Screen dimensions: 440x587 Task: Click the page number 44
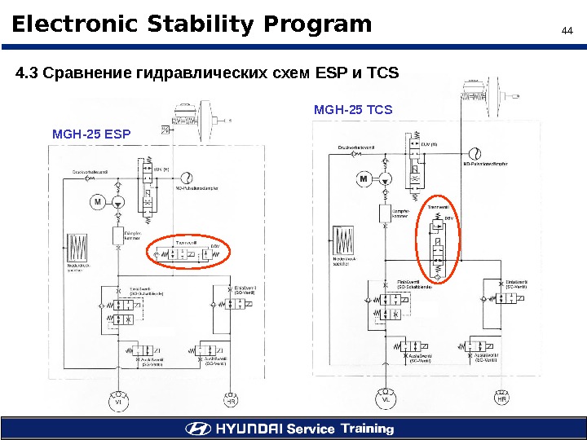(x=567, y=32)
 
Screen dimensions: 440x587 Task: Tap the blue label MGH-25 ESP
(x=90, y=133)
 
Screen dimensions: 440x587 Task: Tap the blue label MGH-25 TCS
(x=352, y=109)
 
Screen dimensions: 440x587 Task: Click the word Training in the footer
(x=367, y=429)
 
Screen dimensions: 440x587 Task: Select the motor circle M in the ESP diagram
(x=97, y=201)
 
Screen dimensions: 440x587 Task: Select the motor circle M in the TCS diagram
(x=364, y=178)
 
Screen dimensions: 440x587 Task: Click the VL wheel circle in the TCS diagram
(x=386, y=400)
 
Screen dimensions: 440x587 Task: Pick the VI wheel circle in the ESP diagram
(x=118, y=401)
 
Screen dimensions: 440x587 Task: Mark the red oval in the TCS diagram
(x=439, y=240)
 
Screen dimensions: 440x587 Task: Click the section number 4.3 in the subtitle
(x=27, y=74)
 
